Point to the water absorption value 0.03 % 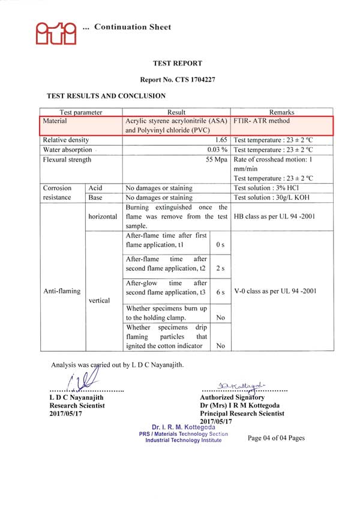[217, 149]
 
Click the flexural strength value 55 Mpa [217, 160]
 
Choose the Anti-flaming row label [61, 291]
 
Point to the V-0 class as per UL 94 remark [275, 291]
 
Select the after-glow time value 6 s [220, 292]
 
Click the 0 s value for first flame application [220, 245]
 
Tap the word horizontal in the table [102, 217]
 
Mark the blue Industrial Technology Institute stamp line [183, 441]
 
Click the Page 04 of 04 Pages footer [276, 438]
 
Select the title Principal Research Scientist [242, 414]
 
